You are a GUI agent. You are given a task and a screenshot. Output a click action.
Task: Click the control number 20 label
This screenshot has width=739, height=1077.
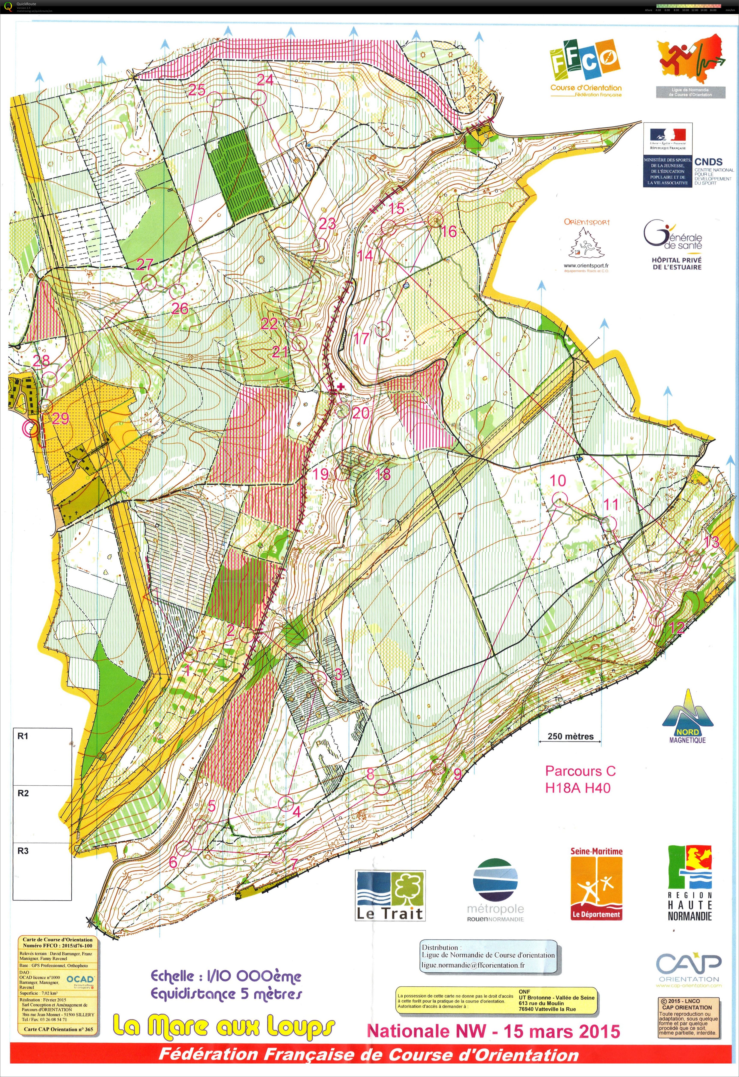click(x=361, y=412)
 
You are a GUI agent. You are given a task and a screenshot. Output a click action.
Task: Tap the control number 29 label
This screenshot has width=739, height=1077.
click(x=60, y=418)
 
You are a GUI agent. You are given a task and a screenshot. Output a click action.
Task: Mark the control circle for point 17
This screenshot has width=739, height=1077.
click(x=383, y=329)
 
